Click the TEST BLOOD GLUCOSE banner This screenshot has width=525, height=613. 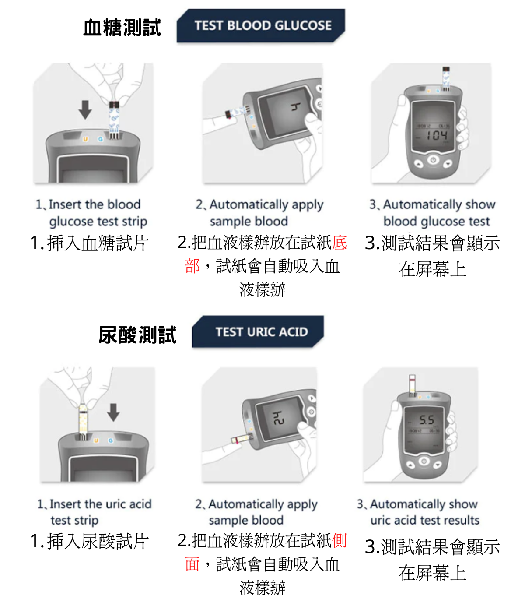pyautogui.click(x=262, y=25)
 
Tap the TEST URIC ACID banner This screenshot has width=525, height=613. pyautogui.click(x=261, y=331)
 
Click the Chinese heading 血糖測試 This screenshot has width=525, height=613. pyautogui.click(x=122, y=27)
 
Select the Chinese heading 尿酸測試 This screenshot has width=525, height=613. pyautogui.click(x=137, y=335)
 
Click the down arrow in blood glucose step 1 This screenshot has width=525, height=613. pyautogui.click(x=85, y=109)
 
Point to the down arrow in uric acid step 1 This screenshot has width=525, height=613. pyautogui.click(x=113, y=412)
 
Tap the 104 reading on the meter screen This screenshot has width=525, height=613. pyautogui.click(x=437, y=135)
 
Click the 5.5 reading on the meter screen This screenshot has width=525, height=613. pyautogui.click(x=426, y=420)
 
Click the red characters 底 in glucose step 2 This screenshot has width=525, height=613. pyautogui.click(x=339, y=243)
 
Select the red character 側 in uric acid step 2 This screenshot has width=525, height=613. pyautogui.click(x=339, y=540)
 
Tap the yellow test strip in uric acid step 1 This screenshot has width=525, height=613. pyautogui.click(x=83, y=420)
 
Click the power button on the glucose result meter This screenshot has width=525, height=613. pyautogui.click(x=433, y=160)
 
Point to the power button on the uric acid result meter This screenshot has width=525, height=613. pyautogui.click(x=423, y=461)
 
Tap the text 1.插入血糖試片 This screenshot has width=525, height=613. pyautogui.click(x=90, y=243)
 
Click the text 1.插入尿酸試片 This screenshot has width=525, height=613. pyautogui.click(x=90, y=541)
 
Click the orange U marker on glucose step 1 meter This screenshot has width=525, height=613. pyautogui.click(x=85, y=139)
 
